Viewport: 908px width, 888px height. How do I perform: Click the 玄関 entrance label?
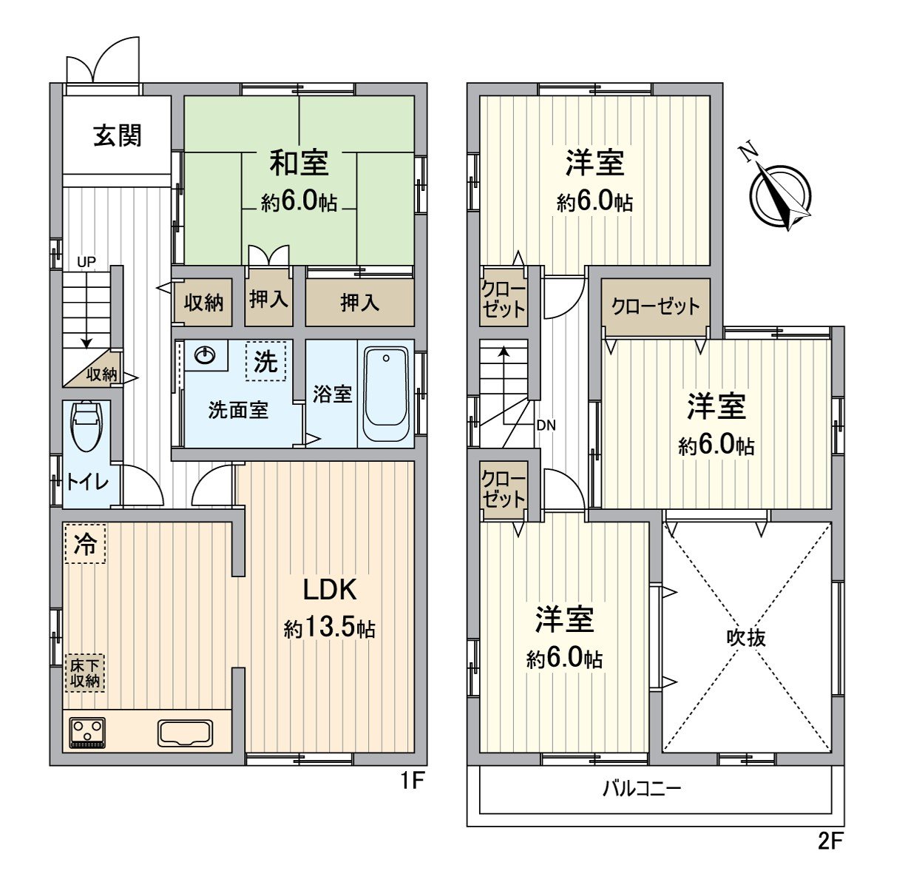pyautogui.click(x=117, y=135)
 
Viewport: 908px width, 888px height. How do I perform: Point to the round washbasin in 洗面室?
pyautogui.click(x=205, y=357)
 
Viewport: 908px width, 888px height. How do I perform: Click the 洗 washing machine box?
pyautogui.click(x=265, y=361)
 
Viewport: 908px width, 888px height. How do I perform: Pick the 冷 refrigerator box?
pyautogui.click(x=85, y=545)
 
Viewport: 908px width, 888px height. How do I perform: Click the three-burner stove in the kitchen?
pyautogui.click(x=87, y=733)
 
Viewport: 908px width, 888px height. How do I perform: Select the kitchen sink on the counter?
pyautogui.click(x=185, y=733)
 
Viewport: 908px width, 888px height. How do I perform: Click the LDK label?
pyautogui.click(x=330, y=591)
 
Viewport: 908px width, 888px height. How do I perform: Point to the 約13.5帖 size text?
pyautogui.click(x=329, y=629)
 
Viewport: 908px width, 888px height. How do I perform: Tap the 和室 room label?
pyautogui.click(x=298, y=162)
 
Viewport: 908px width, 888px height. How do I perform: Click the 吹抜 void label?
pyautogui.click(x=746, y=637)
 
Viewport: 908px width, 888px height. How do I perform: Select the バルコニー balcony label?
pyautogui.click(x=641, y=788)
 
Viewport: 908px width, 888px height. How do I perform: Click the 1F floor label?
pyautogui.click(x=412, y=781)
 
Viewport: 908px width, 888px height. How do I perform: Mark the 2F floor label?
pyautogui.click(x=830, y=841)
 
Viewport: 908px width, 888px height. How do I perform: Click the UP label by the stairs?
pyautogui.click(x=87, y=262)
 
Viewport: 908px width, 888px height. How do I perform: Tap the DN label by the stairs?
pyautogui.click(x=546, y=425)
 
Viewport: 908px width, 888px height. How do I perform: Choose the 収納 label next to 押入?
pyautogui.click(x=203, y=302)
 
